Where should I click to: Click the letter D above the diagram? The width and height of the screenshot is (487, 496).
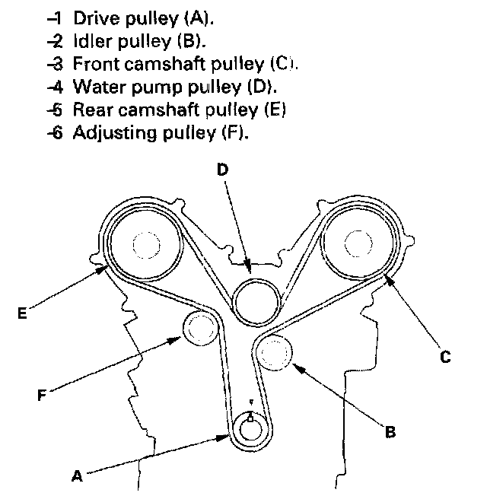click(x=223, y=169)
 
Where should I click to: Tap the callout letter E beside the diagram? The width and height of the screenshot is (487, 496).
click(x=22, y=313)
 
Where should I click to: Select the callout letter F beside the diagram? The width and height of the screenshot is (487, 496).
click(x=42, y=395)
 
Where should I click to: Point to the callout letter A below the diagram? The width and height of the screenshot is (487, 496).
click(x=77, y=475)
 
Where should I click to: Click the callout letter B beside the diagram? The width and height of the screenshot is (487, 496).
click(x=390, y=432)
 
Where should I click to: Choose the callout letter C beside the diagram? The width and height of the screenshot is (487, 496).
click(x=445, y=357)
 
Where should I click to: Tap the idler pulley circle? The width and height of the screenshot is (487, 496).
click(x=274, y=353)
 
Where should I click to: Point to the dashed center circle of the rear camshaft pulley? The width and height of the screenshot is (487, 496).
click(x=146, y=245)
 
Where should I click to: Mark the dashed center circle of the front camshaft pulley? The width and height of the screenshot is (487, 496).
click(x=358, y=243)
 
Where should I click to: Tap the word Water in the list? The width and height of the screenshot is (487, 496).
click(x=100, y=87)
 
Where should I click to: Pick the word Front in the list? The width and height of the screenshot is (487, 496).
click(x=96, y=64)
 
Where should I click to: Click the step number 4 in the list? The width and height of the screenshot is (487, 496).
click(x=56, y=87)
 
